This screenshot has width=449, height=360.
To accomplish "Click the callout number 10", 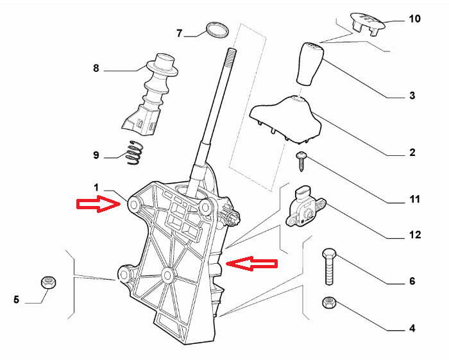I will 414,19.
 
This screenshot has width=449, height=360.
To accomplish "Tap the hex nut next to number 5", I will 47,282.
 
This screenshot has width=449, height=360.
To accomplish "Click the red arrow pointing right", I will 98,204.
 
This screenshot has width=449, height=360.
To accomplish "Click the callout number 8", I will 96,67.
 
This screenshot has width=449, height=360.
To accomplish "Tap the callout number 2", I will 412,153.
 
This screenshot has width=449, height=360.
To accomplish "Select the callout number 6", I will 412,281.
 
